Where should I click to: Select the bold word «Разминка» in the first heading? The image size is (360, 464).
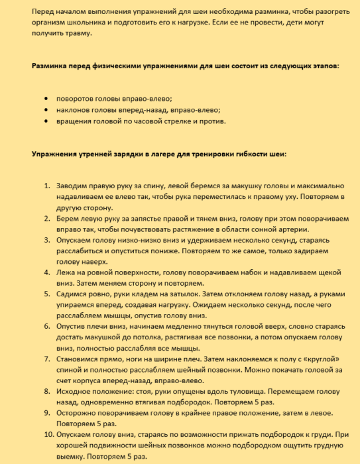pos(51,67)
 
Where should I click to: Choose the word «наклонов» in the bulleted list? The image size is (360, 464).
pos(74,110)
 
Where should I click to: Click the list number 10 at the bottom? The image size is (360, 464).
pos(46,434)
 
